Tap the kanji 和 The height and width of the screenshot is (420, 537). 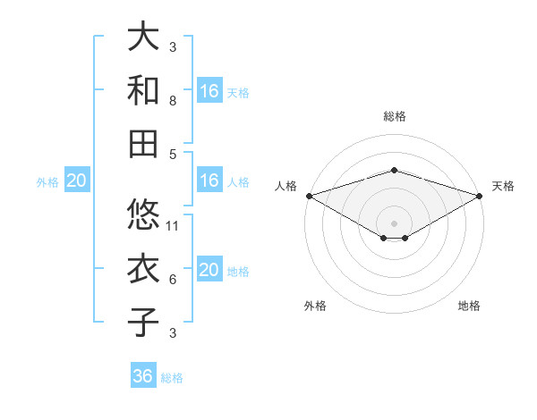pos(144,90)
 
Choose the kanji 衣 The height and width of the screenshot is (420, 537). pos(144,269)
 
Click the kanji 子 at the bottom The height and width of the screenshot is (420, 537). pos(144,323)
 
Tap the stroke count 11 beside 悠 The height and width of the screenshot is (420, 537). pos(174,226)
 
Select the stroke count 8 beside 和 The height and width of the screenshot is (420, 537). pos(173,102)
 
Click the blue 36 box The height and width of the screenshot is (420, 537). pos(143,377)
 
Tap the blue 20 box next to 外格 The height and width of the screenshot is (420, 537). pos(76,181)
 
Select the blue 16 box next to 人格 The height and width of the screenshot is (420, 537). pos(209,181)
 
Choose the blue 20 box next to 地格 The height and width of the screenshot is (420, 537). pos(209,271)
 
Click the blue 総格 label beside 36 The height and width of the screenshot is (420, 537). pos(172,378)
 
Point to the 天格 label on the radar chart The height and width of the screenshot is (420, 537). pos(503,186)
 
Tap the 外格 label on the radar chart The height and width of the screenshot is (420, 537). pos(315,306)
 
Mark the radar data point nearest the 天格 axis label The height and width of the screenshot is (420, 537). pos(480,196)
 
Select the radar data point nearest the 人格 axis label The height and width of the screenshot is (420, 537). pos(309,196)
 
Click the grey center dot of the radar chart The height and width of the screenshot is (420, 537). pos(394,223)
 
